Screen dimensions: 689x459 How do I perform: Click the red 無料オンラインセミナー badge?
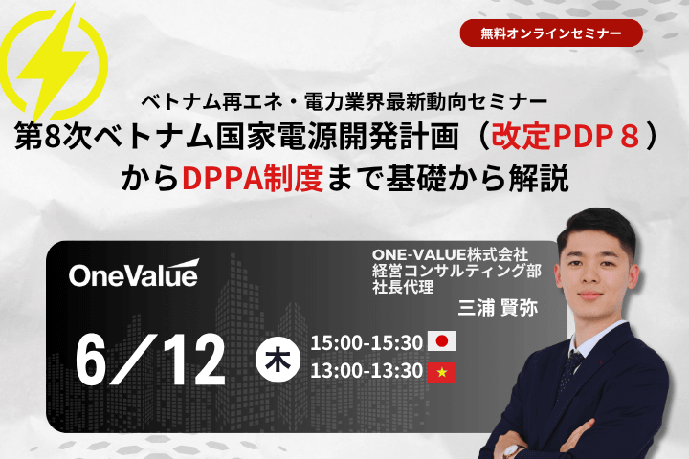tap(551, 33)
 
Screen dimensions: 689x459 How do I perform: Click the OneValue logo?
tap(134, 273)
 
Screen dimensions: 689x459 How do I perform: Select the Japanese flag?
tap(442, 341)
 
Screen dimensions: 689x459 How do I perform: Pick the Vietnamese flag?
tap(442, 372)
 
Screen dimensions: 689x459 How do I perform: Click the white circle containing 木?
tap(278, 360)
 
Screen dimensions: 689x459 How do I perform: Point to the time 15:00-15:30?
tap(367, 342)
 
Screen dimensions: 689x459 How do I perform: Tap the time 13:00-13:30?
tap(367, 371)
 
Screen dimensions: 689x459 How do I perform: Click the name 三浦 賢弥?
tap(498, 308)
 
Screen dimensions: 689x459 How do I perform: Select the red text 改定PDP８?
tap(566, 136)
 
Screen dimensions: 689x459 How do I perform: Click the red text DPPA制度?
tap(253, 178)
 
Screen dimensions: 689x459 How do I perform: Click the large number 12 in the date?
tap(192, 360)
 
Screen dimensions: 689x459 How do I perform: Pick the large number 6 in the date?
tap(92, 360)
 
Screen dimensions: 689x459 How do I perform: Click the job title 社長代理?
tap(403, 287)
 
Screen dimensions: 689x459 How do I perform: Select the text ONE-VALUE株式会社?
tap(450, 254)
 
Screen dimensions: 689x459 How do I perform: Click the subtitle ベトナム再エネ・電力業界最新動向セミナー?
tap(344, 102)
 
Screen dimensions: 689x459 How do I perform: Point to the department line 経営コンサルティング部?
tap(457, 271)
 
